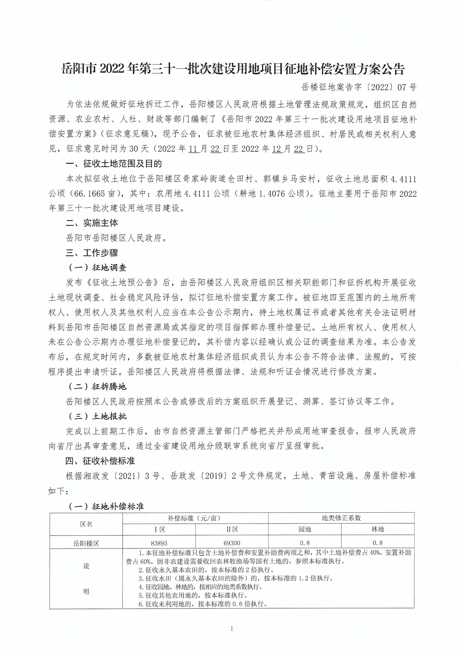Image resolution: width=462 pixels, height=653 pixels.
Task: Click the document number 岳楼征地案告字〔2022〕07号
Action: tap(359, 87)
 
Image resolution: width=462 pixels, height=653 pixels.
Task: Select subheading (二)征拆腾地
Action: tap(97, 387)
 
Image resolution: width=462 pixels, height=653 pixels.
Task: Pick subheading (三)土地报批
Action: tap(97, 416)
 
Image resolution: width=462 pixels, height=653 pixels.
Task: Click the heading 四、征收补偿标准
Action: tap(101, 460)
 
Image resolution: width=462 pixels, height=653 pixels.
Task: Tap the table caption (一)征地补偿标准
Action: tap(106, 506)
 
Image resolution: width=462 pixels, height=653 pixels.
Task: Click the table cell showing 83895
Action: tap(159, 543)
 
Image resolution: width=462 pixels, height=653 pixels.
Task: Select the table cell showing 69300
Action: tap(232, 543)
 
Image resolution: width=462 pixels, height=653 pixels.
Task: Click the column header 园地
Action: tap(305, 529)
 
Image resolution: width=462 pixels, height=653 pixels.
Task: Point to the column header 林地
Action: tap(378, 529)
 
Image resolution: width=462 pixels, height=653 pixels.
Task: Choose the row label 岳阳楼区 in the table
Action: tap(86, 543)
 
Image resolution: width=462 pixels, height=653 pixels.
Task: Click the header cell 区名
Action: tap(86, 524)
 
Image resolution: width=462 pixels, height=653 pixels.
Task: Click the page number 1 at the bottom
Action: tap(232, 629)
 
